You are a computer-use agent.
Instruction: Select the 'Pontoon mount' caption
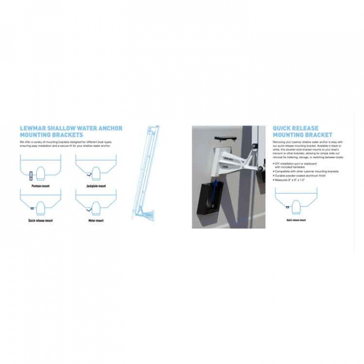tap(40, 186)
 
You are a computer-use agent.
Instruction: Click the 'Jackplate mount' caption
tap(96, 186)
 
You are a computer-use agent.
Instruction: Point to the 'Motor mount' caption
tap(96, 220)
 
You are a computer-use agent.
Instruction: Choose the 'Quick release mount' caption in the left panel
tap(40, 220)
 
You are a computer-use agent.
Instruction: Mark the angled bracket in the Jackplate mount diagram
tap(89, 175)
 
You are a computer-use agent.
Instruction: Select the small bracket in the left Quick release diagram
tap(32, 208)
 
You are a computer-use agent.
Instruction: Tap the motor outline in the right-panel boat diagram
tap(296, 207)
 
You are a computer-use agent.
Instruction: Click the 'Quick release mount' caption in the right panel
tap(296, 220)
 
